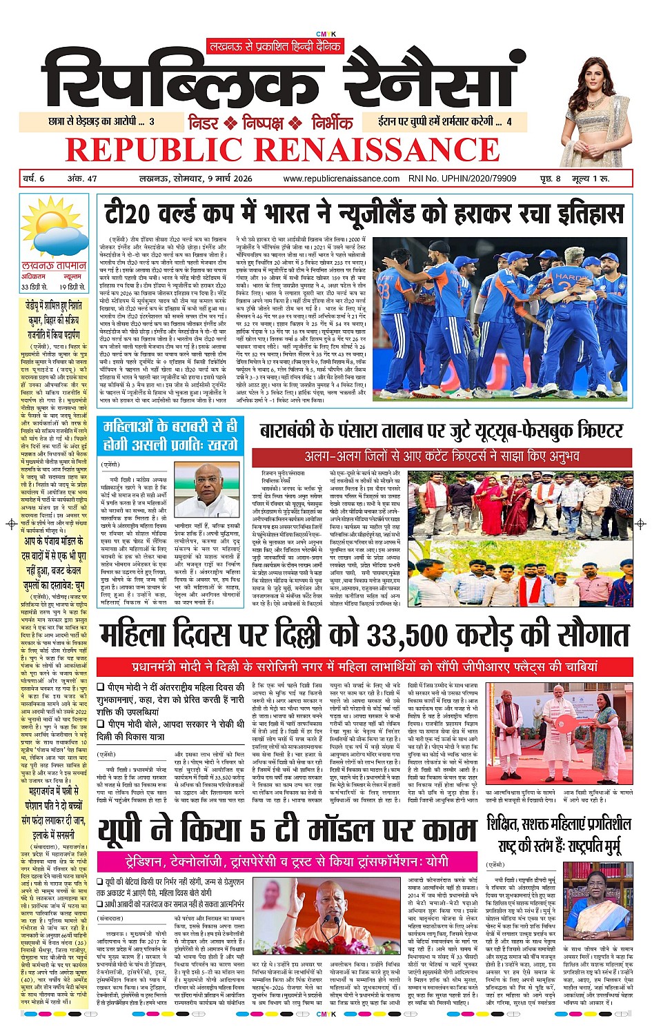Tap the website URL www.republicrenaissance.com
341,179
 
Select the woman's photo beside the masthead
595,103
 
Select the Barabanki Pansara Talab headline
442,432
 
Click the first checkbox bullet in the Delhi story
101,687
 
